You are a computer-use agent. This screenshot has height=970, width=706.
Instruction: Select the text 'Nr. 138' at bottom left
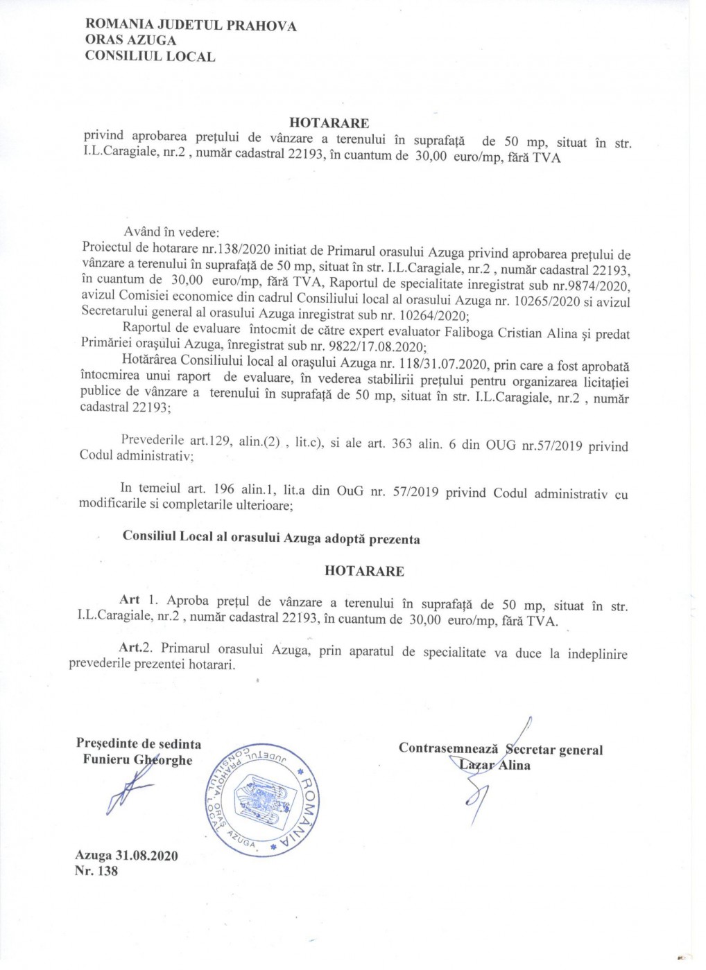point(96,871)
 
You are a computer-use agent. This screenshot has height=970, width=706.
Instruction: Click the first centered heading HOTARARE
point(329,123)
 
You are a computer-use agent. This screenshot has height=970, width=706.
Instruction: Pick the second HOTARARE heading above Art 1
point(364,571)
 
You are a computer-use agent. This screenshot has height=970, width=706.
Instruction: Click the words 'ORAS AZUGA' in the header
point(130,41)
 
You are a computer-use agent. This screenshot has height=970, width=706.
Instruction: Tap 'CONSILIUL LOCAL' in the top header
point(150,57)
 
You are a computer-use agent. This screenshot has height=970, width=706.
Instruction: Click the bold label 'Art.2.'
point(139,648)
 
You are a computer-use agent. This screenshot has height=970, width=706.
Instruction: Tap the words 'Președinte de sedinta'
point(139,743)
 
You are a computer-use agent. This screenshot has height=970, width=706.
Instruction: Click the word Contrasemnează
point(449,748)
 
